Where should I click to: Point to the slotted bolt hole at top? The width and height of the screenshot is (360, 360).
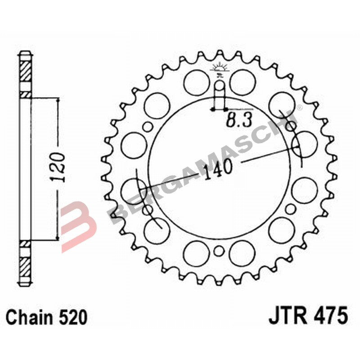[x=219, y=92]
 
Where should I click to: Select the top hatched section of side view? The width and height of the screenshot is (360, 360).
[x=26, y=72]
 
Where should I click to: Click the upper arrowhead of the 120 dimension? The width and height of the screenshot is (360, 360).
[x=58, y=100]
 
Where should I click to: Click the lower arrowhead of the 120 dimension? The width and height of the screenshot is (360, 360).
[x=58, y=237]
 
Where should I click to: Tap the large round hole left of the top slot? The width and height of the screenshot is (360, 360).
[x=196, y=82]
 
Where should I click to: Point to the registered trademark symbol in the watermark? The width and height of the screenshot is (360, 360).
[x=300, y=110]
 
